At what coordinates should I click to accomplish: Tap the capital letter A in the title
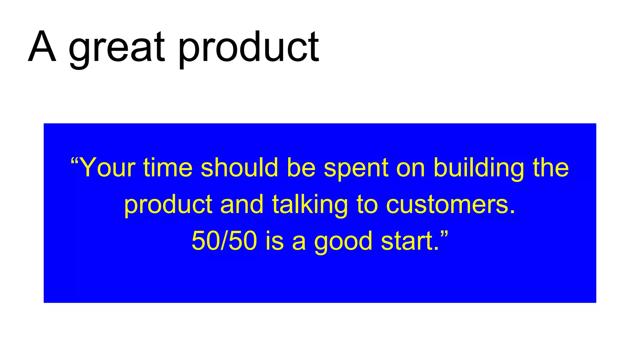coord(42,47)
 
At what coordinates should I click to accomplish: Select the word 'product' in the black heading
coord(248,48)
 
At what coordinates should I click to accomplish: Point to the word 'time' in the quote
coord(168,168)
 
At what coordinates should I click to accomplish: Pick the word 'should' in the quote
coord(239,168)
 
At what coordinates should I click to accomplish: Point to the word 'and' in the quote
coord(242,205)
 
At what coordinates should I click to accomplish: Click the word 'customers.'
coord(450,205)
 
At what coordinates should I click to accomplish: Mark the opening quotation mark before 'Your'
coord(74,161)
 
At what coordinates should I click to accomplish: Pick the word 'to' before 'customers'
coord(367,205)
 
